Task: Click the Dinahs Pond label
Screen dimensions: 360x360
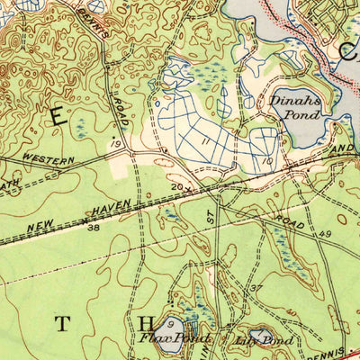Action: [x=290, y=108]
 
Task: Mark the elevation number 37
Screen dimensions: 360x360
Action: [x=255, y=287]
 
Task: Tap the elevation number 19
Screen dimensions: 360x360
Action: [x=114, y=143]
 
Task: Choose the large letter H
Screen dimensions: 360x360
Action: [x=147, y=322]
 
